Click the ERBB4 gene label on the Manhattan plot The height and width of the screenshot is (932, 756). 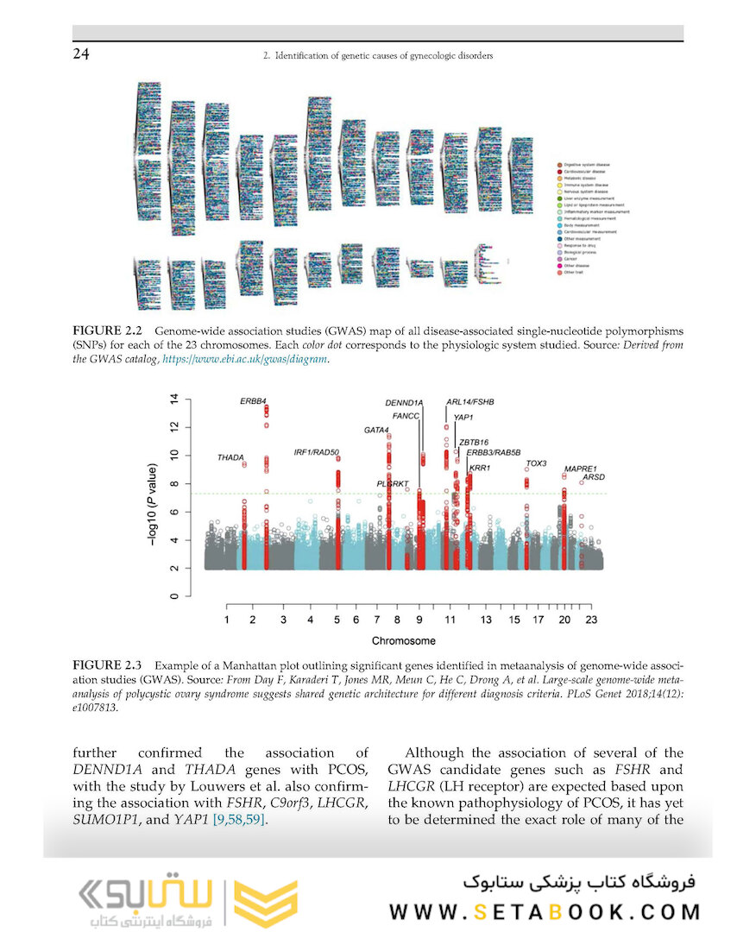coord(253,402)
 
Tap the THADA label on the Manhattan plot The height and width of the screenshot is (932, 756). coord(230,457)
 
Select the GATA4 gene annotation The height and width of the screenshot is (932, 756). coord(377,430)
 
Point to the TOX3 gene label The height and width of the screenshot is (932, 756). coord(536,463)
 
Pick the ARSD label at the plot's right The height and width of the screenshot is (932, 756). coord(594,477)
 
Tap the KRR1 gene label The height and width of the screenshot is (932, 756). coord(479,468)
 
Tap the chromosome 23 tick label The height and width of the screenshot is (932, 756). coord(591,620)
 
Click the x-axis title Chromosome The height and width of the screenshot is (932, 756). coord(404,641)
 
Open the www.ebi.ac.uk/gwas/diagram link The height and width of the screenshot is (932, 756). coord(245,359)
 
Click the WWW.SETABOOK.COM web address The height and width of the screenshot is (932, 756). coord(545,911)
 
